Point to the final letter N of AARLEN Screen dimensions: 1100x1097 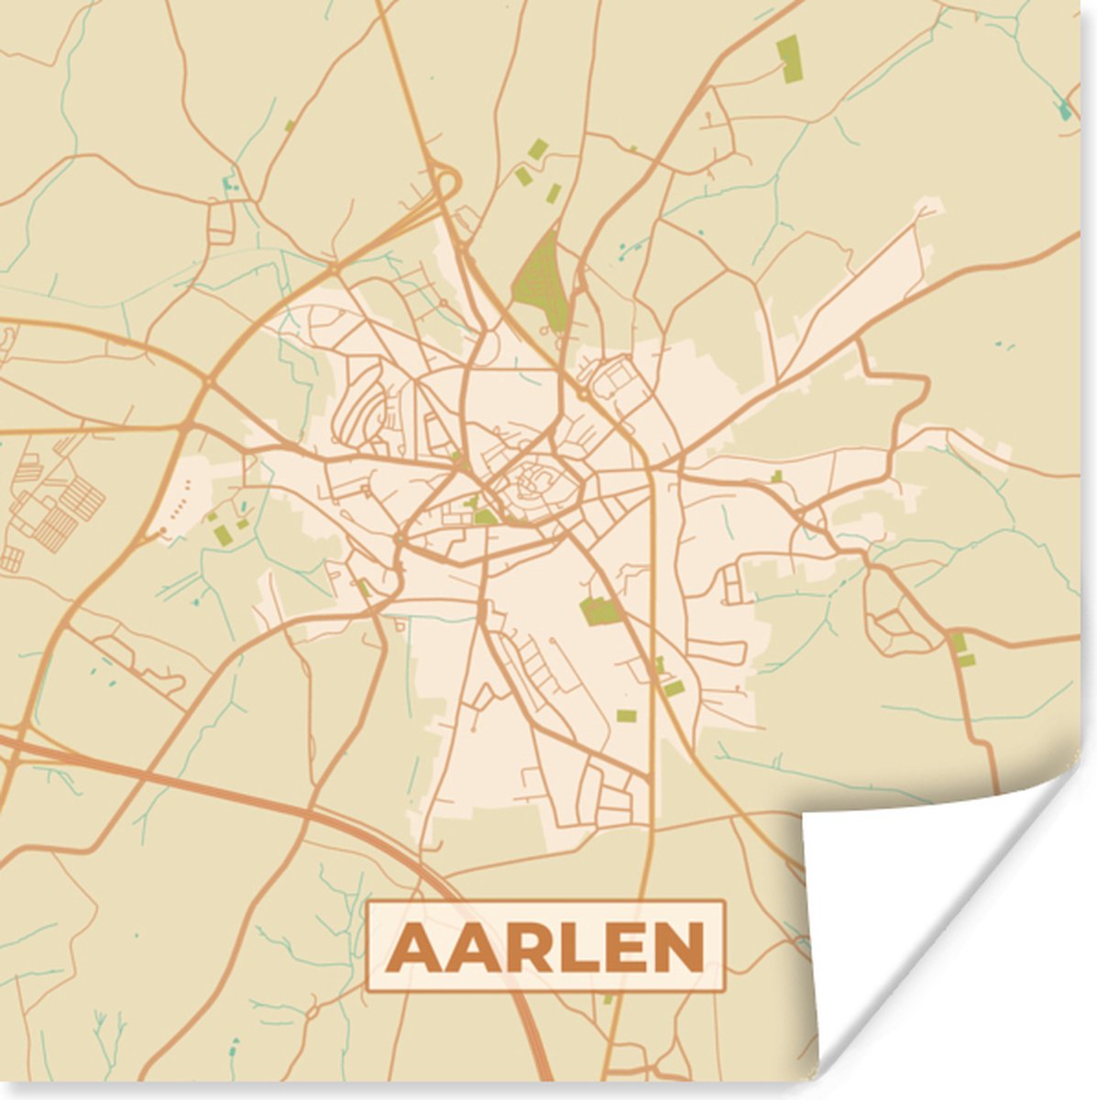click(x=676, y=947)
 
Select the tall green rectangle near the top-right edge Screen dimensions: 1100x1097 click(x=788, y=57)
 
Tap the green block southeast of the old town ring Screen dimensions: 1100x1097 click(x=599, y=610)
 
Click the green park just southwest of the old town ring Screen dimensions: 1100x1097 click(x=484, y=516)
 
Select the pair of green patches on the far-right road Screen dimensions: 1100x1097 click(x=961, y=649)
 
